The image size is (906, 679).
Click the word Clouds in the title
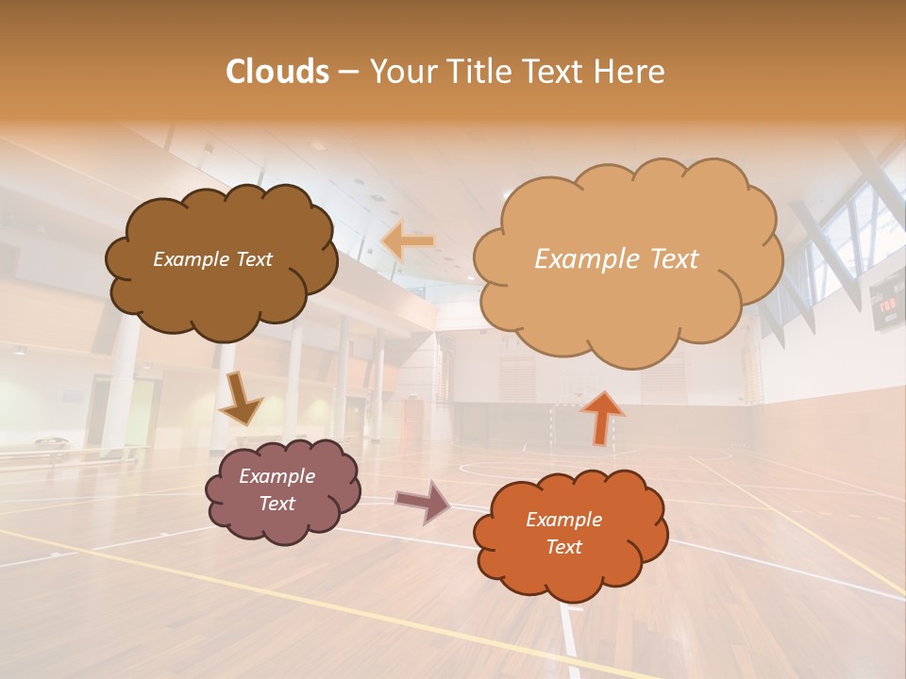[277, 71]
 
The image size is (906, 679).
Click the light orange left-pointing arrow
[408, 241]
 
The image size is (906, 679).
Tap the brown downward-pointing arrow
[240, 397]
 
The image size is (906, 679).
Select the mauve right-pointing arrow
[422, 501]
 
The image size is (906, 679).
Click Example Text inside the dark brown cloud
[212, 259]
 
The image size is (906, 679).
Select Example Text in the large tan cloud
[616, 259]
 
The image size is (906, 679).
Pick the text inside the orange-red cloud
[563, 534]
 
